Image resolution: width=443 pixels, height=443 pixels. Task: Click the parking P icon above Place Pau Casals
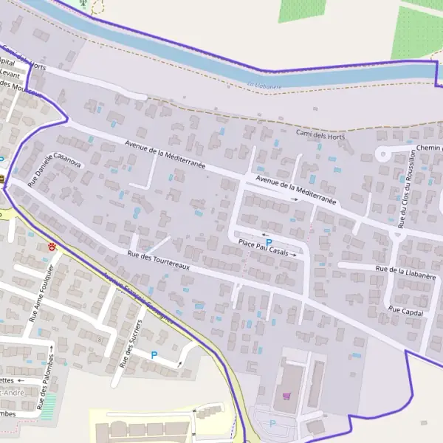(269, 242)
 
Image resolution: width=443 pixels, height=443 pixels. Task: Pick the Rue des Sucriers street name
(130, 343)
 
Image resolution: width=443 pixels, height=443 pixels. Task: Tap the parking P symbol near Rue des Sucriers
(154, 355)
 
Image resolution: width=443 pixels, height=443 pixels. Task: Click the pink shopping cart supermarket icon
(286, 396)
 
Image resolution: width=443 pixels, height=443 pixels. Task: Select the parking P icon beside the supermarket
(272, 423)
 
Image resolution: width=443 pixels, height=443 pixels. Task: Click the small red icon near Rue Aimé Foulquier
(52, 247)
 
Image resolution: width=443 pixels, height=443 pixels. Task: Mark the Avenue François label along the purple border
(129, 289)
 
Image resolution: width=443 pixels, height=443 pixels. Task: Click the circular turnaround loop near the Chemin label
(384, 154)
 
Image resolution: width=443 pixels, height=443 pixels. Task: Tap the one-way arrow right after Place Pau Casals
(294, 255)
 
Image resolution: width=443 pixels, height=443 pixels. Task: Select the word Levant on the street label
(10, 74)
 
